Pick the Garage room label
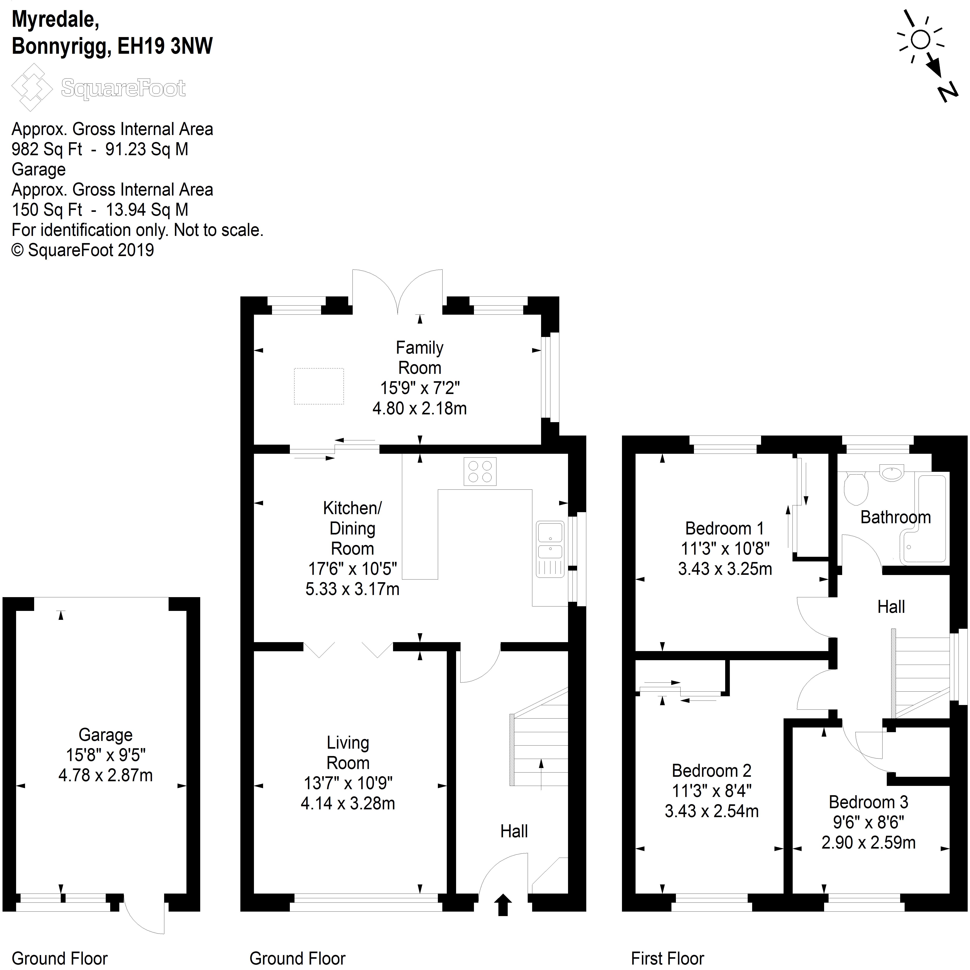coord(105,735)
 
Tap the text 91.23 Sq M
coord(147,149)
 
